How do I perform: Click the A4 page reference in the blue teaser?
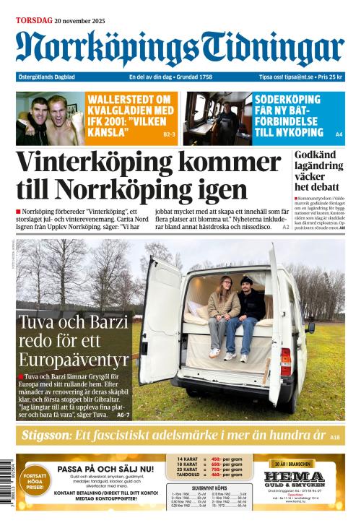coord(339,134)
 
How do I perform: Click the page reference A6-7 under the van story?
coord(123,415)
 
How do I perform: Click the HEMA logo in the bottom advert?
coord(293,477)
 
